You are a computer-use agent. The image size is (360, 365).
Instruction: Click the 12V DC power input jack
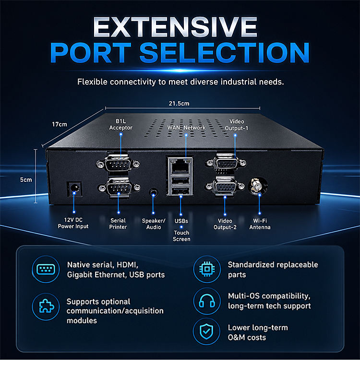point(74,188)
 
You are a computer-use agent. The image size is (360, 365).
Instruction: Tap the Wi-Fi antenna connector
point(258,186)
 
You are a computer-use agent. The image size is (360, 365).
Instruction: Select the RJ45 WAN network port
point(180,166)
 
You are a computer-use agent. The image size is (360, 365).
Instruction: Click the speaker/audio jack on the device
point(154,192)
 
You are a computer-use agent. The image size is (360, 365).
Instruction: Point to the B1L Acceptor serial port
point(118,164)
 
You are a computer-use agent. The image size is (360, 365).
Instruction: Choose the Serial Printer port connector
point(119,188)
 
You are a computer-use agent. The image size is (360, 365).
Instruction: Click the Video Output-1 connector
point(226,162)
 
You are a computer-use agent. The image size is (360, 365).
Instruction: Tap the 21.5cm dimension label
point(179,103)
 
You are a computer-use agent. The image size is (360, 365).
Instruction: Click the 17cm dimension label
point(60,124)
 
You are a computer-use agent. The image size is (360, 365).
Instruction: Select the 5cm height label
point(26,180)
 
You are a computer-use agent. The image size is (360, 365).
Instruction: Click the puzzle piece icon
point(46,306)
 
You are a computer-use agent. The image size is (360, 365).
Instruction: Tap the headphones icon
point(207,301)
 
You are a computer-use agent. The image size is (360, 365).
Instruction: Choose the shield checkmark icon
point(207,332)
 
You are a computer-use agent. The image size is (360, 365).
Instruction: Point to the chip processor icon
point(207,269)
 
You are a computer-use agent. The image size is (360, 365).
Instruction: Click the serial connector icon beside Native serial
point(46,270)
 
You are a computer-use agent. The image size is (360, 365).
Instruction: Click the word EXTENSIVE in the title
point(175,27)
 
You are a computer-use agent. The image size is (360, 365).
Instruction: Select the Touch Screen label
point(181,236)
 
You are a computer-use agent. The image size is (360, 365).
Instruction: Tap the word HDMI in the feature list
point(127,265)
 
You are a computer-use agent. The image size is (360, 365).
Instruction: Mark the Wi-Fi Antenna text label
point(260,224)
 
